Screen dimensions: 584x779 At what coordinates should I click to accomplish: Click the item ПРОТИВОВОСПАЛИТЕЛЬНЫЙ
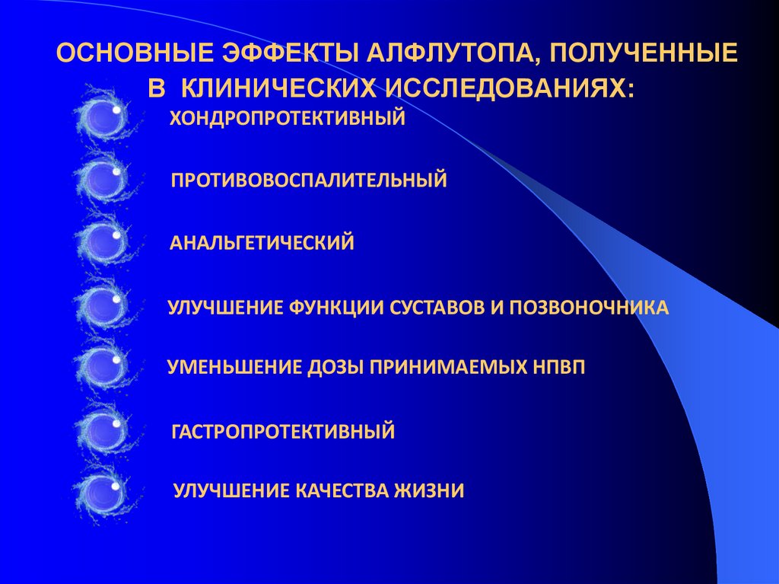(309, 180)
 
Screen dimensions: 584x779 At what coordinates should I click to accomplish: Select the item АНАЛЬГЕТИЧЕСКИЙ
(262, 243)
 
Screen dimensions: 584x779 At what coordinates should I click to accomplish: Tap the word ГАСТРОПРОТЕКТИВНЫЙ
(284, 432)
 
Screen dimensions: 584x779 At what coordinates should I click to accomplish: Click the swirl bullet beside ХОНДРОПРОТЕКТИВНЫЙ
(102, 118)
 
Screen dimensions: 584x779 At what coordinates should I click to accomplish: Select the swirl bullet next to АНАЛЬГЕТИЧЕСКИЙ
(102, 242)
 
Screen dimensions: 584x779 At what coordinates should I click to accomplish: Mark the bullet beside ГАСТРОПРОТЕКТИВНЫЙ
(102, 431)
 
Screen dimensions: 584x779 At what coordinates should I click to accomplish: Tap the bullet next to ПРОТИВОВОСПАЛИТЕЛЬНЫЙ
(102, 180)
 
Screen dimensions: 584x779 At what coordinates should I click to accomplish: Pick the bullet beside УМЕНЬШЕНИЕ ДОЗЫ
(102, 367)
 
